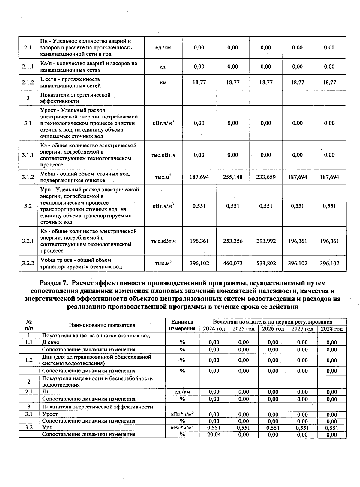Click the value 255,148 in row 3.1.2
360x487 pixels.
coord(233,177)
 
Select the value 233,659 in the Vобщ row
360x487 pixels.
coord(266,177)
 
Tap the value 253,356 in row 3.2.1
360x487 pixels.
coord(233,241)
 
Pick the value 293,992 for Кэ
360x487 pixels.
coord(266,241)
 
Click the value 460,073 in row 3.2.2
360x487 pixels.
coord(233,263)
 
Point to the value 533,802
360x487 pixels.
coord(266,263)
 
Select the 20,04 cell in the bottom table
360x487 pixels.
coord(214,435)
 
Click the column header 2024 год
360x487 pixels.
coord(214,329)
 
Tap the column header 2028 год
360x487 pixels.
coord(332,329)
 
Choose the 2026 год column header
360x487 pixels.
coord(273,329)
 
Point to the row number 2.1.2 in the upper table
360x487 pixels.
coord(28,82)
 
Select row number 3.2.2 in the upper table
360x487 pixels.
coord(28,263)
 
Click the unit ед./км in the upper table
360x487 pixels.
coord(163,48)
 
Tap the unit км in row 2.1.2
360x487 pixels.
coord(163,82)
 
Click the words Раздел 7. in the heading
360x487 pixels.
coord(54,283)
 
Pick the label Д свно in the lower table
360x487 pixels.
coord(51,342)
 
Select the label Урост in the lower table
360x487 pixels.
coord(50,414)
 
